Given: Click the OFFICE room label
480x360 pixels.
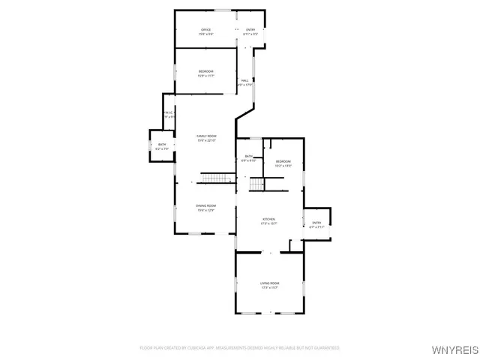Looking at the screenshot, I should (x=205, y=29).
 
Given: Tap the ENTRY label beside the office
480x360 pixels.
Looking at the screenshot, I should (x=250, y=29).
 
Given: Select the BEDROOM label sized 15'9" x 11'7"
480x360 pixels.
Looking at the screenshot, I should (x=205, y=71).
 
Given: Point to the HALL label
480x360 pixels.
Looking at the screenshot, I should (x=245, y=80).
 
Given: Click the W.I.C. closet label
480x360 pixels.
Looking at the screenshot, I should (x=169, y=112).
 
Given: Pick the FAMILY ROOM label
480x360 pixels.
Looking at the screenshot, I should (x=206, y=136).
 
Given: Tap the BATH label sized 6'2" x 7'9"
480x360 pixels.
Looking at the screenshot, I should (x=161, y=144).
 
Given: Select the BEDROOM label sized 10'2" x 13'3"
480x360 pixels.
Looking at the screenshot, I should (x=283, y=161).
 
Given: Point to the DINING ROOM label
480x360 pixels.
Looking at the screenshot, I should (x=206, y=205).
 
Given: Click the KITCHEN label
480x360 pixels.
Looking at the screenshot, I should (x=268, y=219).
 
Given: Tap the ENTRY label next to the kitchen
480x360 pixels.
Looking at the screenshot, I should (x=316, y=222).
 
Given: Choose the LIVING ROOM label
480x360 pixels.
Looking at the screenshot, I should (x=269, y=283).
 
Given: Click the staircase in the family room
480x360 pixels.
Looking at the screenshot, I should (x=217, y=178).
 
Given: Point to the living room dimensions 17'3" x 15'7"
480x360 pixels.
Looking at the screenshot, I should (x=269, y=288).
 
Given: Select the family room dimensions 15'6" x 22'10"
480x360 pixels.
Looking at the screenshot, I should (x=206, y=140).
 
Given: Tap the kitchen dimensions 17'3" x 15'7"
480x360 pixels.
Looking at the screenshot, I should (x=268, y=223).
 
